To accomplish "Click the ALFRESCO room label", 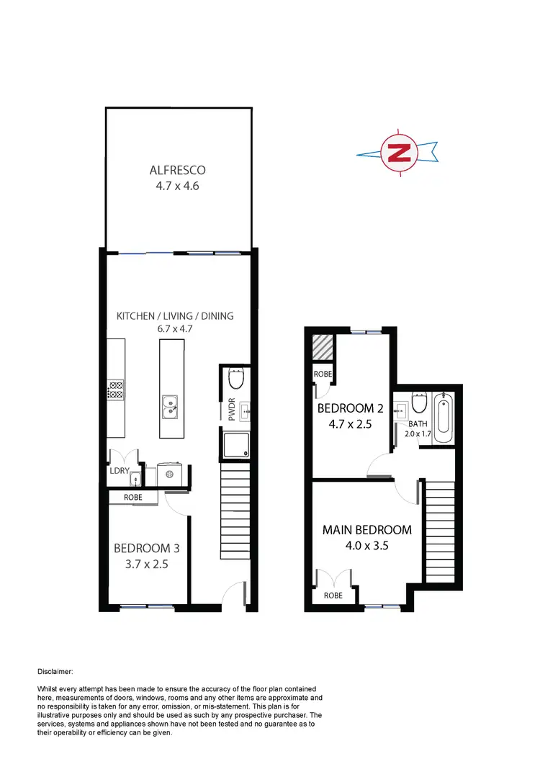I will (177, 171).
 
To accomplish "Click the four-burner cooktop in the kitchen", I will (115, 390).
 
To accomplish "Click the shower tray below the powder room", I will (237, 446).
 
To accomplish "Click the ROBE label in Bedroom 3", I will (133, 497).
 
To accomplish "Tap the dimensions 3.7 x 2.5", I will (146, 565).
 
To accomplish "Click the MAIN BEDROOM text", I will (366, 530).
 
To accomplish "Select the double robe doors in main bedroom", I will (333, 579).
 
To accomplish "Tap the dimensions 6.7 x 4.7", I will (176, 328).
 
